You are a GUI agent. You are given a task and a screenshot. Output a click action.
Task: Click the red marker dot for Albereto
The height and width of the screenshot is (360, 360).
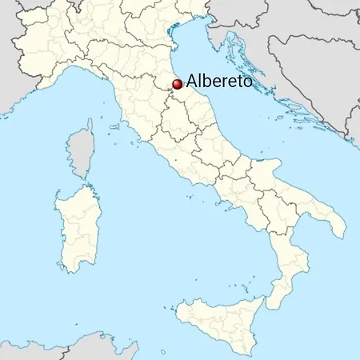(178, 82)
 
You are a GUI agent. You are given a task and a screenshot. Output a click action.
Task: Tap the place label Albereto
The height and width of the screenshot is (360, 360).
(218, 81)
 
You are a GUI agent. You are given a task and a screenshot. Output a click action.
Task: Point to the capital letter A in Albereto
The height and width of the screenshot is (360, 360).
(191, 81)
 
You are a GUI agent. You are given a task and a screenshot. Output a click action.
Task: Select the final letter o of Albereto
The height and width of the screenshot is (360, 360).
(247, 82)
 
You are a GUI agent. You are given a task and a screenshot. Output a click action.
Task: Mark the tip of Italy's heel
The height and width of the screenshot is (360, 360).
(346, 234)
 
